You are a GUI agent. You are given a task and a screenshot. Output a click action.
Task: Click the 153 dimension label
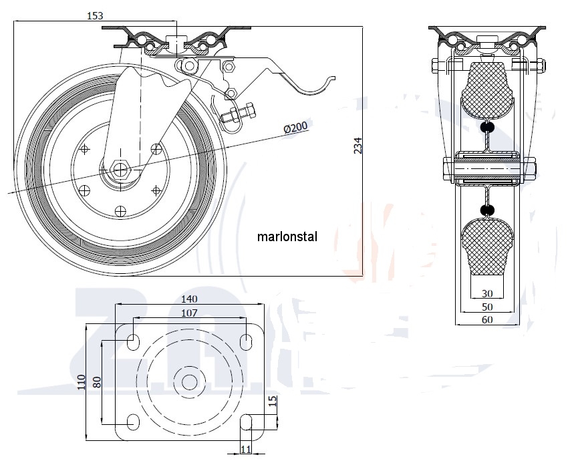[95, 16]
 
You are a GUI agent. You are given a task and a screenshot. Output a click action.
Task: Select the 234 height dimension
[357, 146]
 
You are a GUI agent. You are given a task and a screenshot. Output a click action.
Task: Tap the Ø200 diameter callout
[295, 127]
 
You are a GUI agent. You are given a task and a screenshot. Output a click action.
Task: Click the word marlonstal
[287, 236]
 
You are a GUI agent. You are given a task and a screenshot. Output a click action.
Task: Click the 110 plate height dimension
[82, 382]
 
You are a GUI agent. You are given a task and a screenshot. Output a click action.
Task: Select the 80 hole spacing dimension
[98, 382]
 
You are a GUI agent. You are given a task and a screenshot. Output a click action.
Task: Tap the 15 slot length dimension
[272, 402]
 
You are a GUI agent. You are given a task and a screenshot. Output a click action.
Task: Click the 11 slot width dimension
[245, 450]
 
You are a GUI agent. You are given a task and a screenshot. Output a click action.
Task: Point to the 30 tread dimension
[487, 293]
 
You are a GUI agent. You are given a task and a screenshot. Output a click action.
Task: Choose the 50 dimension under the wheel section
[487, 307]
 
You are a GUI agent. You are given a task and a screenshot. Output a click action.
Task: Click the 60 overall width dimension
[487, 320]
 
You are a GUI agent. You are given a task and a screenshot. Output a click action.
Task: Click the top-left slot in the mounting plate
[134, 342]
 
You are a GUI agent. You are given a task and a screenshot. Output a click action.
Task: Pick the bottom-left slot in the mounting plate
[134, 422]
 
